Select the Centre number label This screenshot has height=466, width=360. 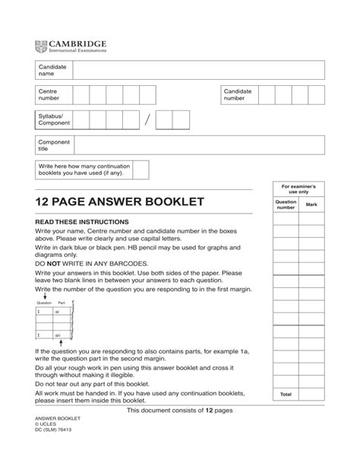pyautogui.click(x=49, y=95)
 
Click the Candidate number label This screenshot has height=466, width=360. pyautogui.click(x=237, y=95)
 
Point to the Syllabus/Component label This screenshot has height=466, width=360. pyautogui.click(x=54, y=119)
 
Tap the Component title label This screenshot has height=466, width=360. pyautogui.click(x=54, y=146)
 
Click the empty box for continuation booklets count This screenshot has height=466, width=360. pyautogui.click(x=140, y=170)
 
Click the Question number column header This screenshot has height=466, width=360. pyautogui.click(x=286, y=205)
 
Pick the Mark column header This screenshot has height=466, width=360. pyautogui.click(x=311, y=205)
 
